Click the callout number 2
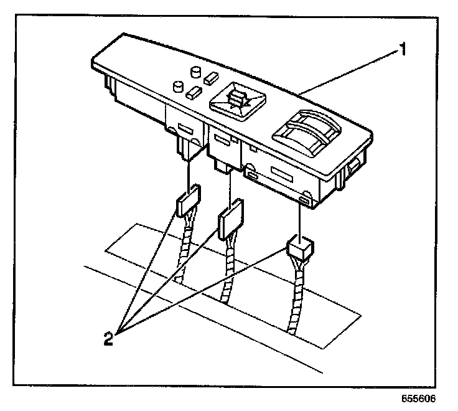point(109,339)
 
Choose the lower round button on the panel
point(177,85)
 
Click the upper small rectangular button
point(210,78)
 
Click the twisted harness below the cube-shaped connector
point(294,299)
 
